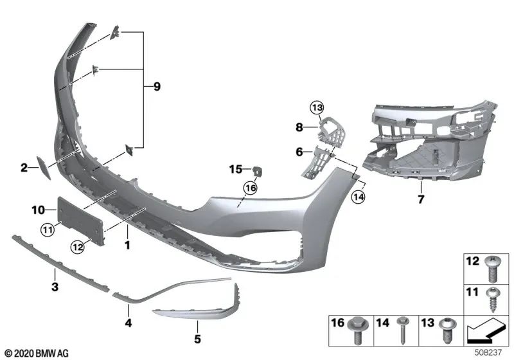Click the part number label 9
tap(157, 87)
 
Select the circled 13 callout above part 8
tap(317, 107)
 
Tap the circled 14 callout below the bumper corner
tap(358, 197)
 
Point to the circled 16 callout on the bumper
tap(250, 188)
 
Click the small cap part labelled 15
tap(258, 171)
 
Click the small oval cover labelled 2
tap(43, 168)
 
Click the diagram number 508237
tap(488, 353)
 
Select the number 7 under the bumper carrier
tap(421, 199)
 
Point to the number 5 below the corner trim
tap(197, 339)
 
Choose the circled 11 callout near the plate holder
tap(48, 230)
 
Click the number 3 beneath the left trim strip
tap(55, 287)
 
